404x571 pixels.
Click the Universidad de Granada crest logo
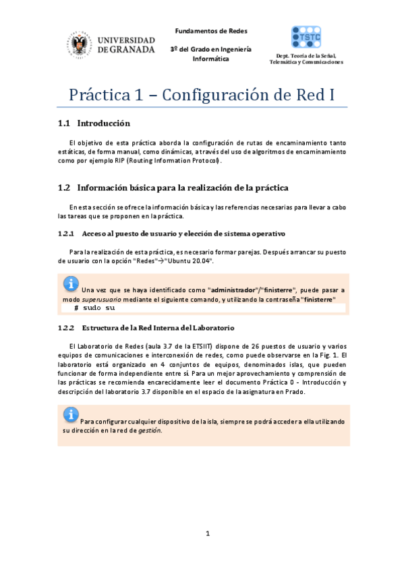coord(79,46)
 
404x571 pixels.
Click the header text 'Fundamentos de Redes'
coord(211,31)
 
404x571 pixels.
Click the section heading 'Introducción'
coord(103,124)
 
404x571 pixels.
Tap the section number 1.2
coord(65,187)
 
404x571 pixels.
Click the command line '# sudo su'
coord(94,308)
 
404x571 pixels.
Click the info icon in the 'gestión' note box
coord(71,414)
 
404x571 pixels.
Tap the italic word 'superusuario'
coord(100,298)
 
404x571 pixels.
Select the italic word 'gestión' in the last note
coord(149,430)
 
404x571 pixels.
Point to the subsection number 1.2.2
coord(66,328)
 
